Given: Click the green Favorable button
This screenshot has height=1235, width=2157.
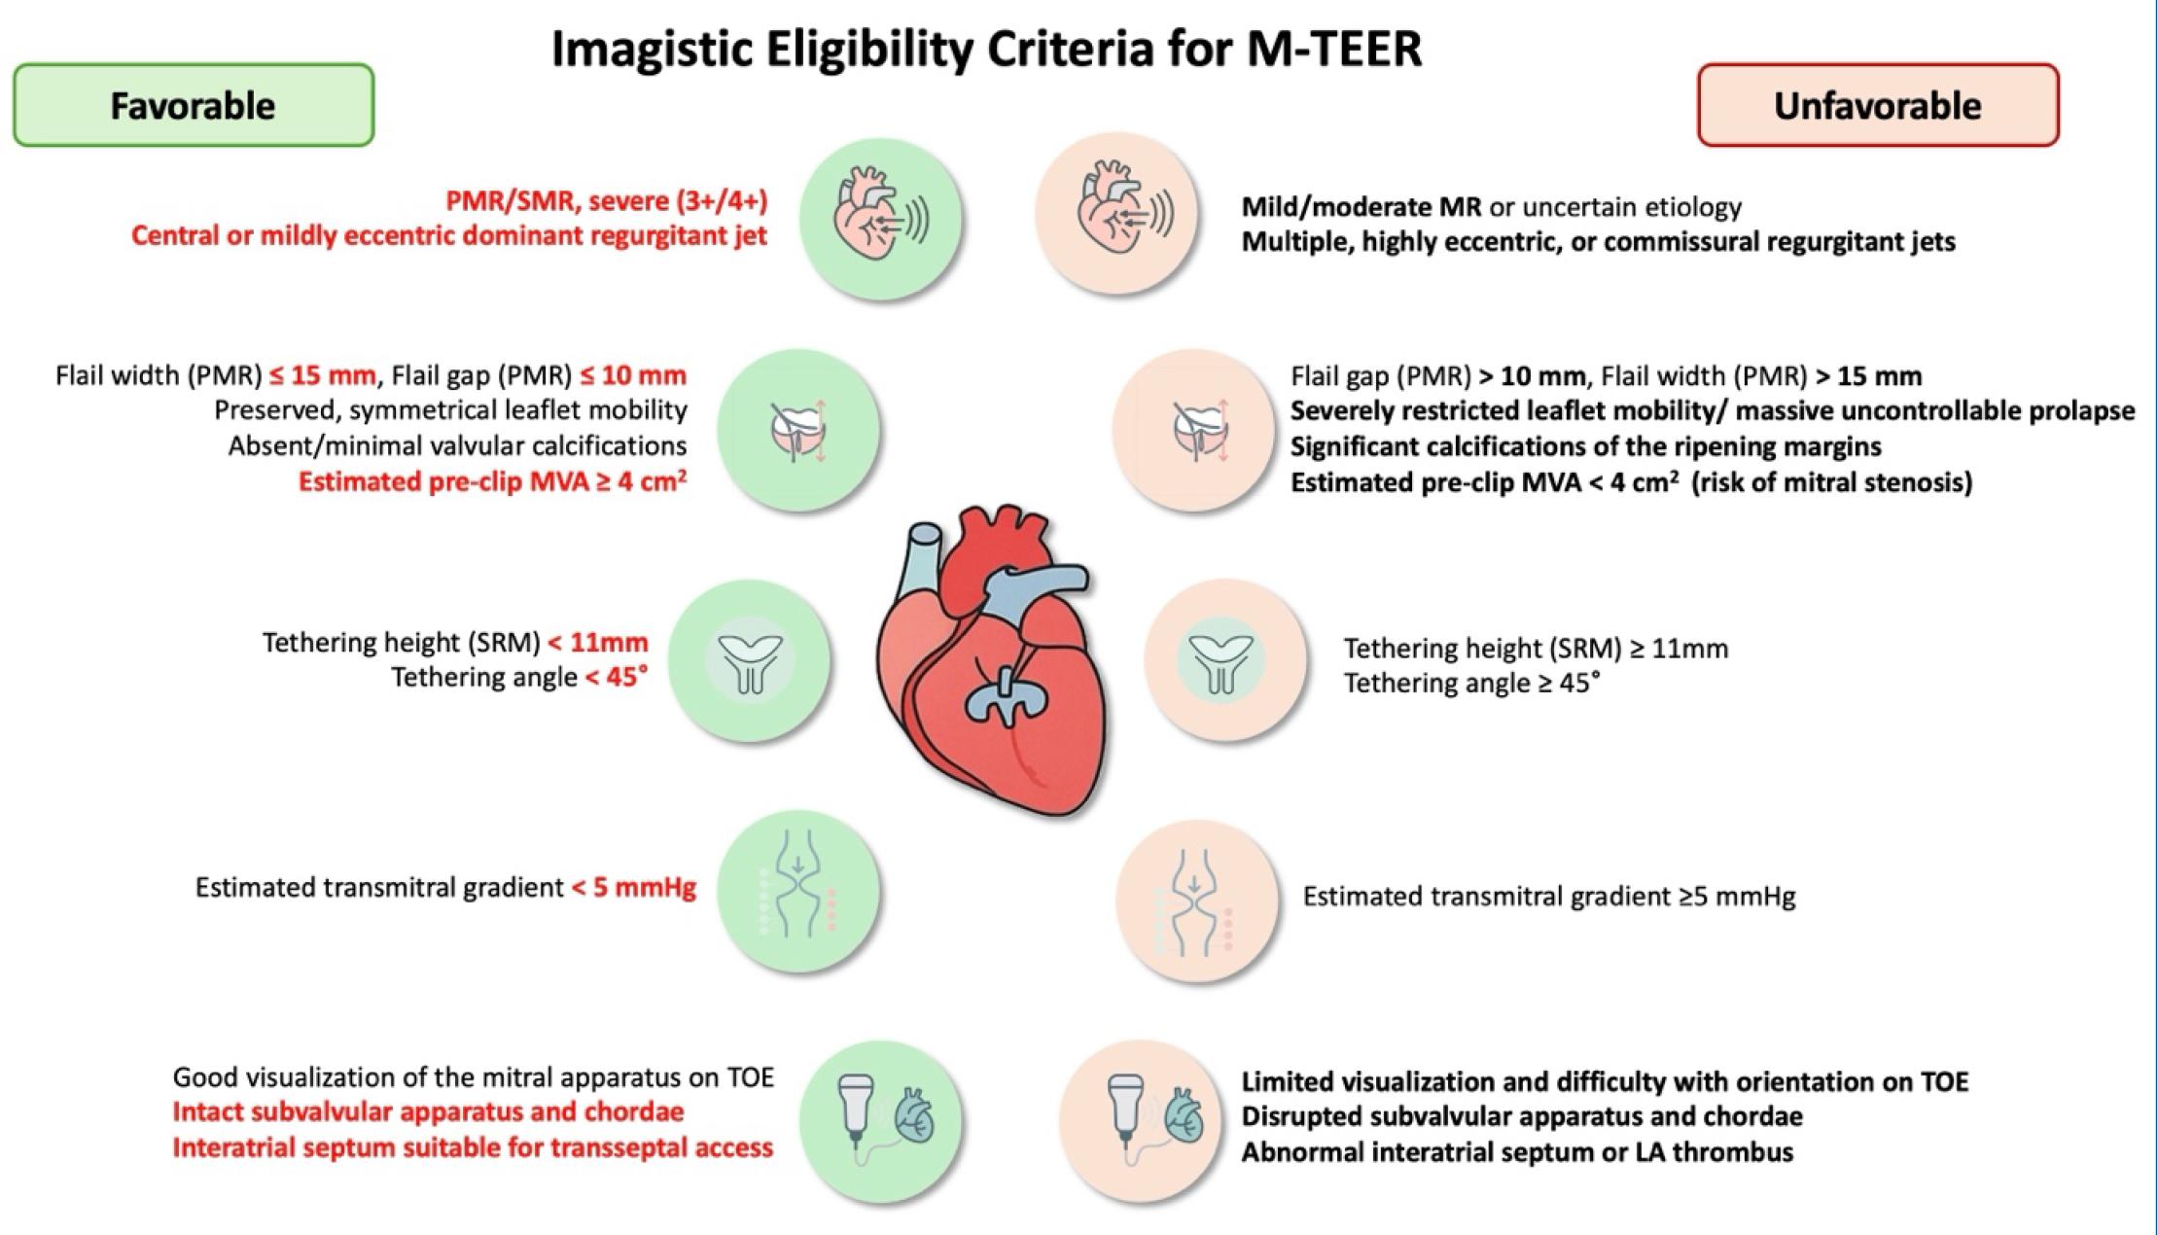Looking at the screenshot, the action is coord(194,105).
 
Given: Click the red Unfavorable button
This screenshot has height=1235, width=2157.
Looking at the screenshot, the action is coord(1878,105).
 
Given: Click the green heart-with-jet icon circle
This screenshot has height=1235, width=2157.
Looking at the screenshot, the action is coord(881,219).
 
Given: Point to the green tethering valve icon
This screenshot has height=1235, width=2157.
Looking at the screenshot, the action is coord(749,661).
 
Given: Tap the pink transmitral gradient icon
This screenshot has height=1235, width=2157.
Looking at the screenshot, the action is coord(1197,900).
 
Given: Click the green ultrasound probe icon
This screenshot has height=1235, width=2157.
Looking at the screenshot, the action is coord(881,1120).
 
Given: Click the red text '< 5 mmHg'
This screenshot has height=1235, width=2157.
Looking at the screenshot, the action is coord(634,888).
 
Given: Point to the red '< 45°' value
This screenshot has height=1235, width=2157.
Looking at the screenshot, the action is coord(617,677).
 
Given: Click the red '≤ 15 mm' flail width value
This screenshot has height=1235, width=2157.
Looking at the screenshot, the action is coord(322,375).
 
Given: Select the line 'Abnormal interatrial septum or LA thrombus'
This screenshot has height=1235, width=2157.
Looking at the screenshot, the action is coord(1517,1152).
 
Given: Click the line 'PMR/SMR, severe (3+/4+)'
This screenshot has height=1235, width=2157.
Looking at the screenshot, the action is coord(607,201).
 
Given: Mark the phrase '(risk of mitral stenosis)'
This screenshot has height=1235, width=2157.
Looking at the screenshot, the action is coord(1832,482).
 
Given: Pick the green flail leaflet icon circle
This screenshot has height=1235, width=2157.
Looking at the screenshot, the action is coord(798,431).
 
